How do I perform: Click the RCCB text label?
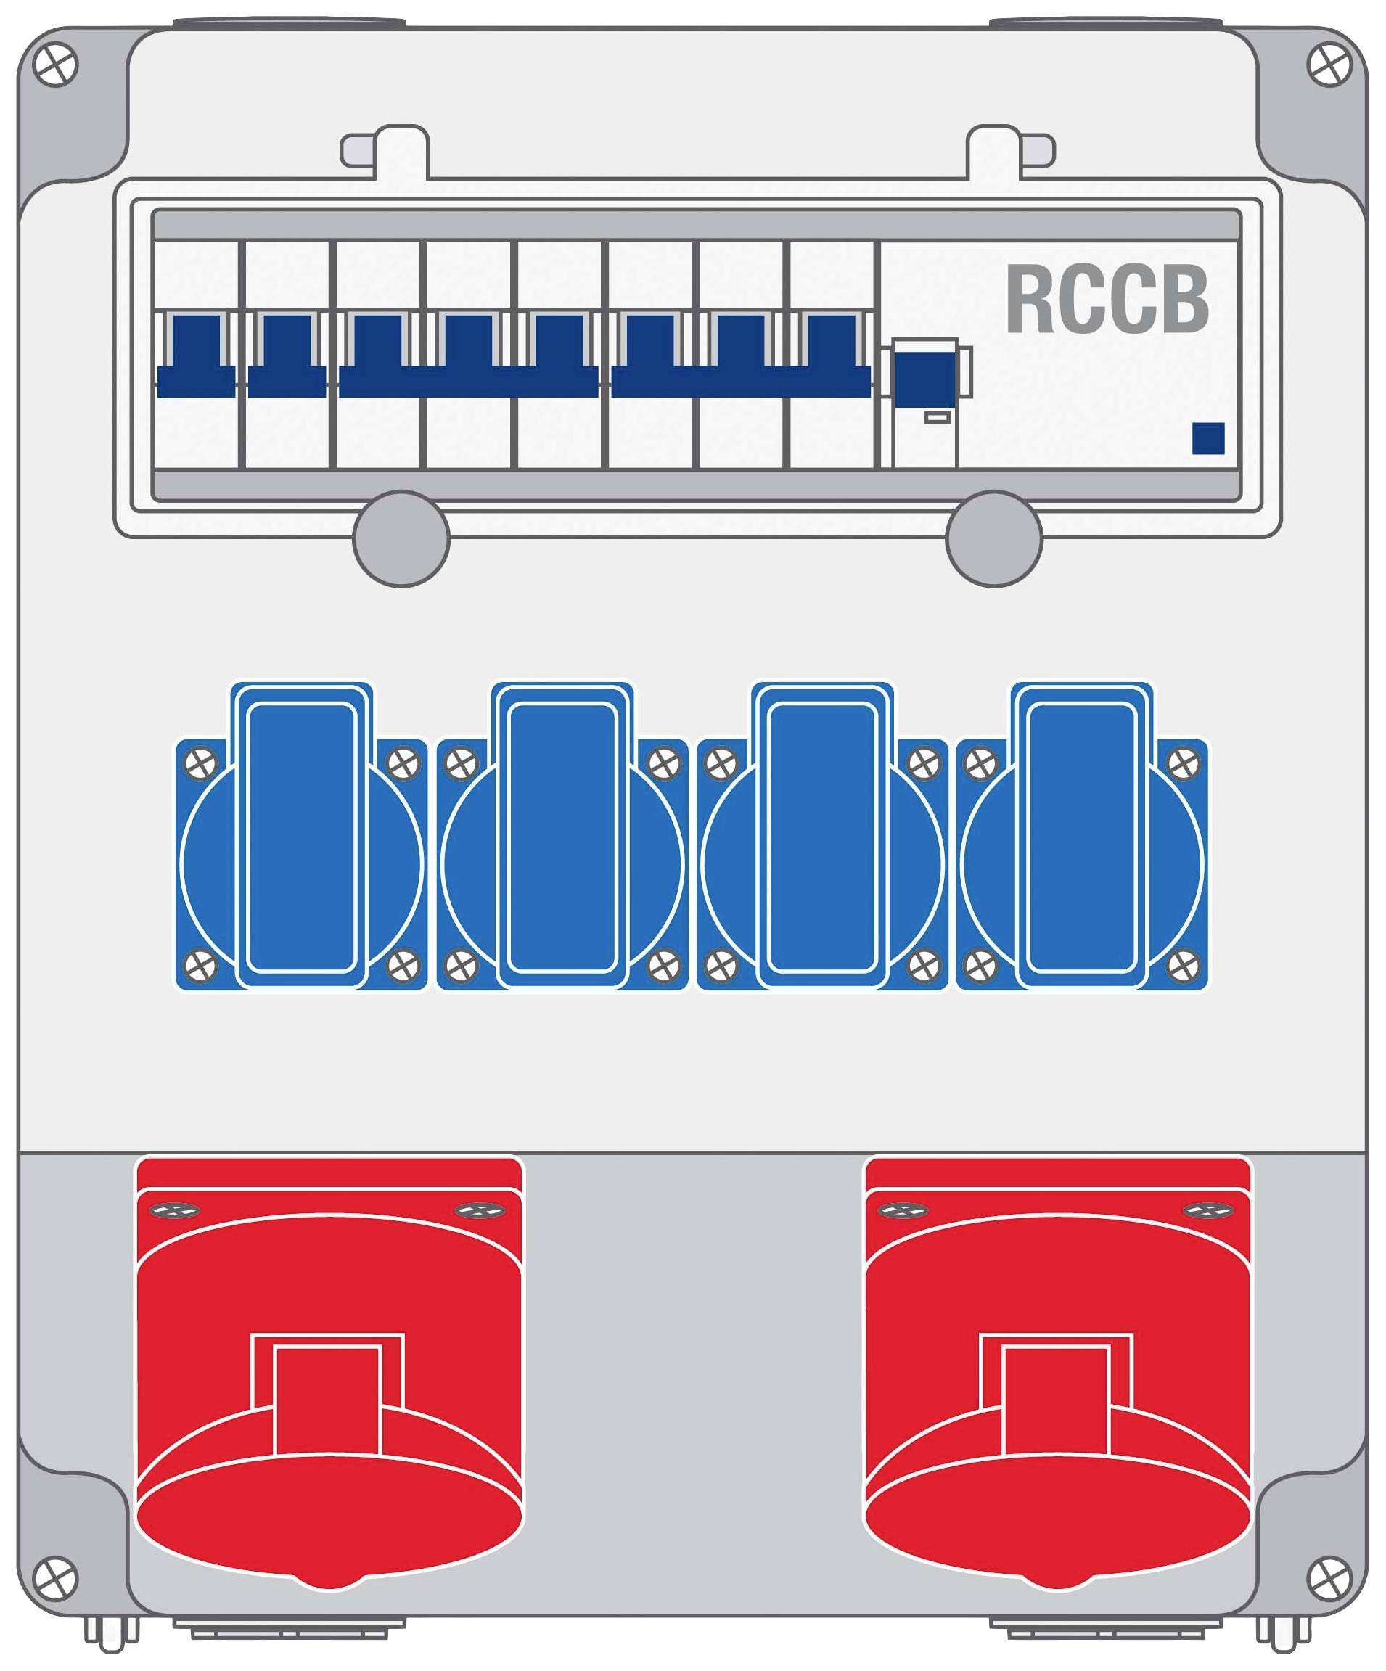pyautogui.click(x=1107, y=299)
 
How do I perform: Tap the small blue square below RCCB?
pyautogui.click(x=1207, y=438)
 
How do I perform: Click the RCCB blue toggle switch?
pyautogui.click(x=924, y=378)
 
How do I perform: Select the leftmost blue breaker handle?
pyautogui.click(x=196, y=355)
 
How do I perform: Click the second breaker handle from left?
pyautogui.click(x=287, y=355)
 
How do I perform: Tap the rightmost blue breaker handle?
pyautogui.click(x=832, y=355)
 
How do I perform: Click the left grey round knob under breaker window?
pyautogui.click(x=401, y=538)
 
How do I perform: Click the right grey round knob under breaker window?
pyautogui.click(x=993, y=538)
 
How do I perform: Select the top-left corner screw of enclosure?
pyautogui.click(x=56, y=65)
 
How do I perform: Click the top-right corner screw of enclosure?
pyautogui.click(x=1329, y=65)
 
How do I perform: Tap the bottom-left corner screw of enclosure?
pyautogui.click(x=56, y=1578)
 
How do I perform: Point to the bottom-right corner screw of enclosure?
pyautogui.click(x=1329, y=1578)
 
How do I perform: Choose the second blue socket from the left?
pyautogui.click(x=562, y=837)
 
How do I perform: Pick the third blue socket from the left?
pyautogui.click(x=822, y=837)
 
